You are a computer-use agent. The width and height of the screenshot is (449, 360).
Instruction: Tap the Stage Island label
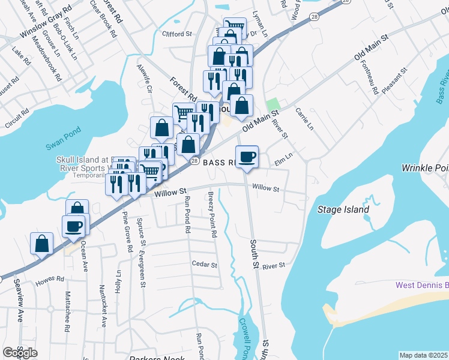(343, 209)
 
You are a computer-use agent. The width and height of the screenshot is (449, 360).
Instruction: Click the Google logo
(20, 353)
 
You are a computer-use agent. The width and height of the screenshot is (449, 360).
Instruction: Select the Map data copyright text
(424, 355)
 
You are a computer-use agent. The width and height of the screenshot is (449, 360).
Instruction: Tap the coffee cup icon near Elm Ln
(247, 157)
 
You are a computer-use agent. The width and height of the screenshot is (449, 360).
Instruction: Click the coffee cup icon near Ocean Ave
(74, 226)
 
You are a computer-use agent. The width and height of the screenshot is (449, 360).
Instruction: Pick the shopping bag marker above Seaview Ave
(42, 244)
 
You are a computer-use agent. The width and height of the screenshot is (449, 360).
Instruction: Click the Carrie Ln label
(302, 119)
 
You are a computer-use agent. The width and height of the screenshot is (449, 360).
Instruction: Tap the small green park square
(273, 103)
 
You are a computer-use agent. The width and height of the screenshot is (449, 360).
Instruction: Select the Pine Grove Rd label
(127, 231)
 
